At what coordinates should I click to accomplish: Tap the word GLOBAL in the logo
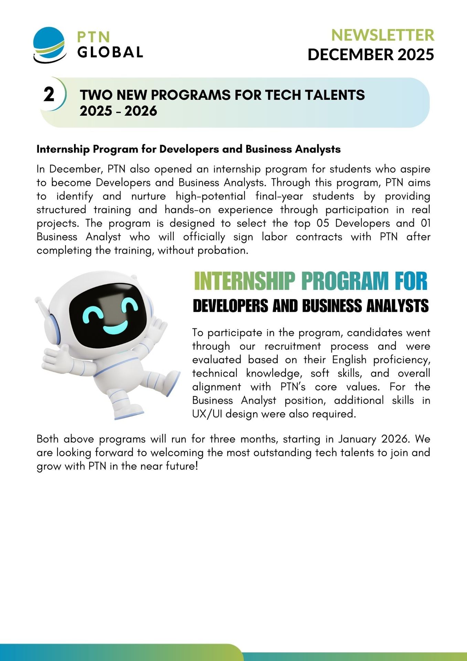(110, 52)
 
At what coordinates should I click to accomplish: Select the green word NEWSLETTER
(382, 35)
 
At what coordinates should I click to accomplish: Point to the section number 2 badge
(49, 94)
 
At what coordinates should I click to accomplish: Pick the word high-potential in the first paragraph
(211, 196)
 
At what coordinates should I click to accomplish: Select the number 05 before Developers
(323, 223)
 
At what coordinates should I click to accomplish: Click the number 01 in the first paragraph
(426, 223)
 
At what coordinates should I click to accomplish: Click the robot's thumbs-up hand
(55, 358)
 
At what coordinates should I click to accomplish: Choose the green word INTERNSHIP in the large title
(244, 281)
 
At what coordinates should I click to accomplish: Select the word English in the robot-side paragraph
(349, 360)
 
